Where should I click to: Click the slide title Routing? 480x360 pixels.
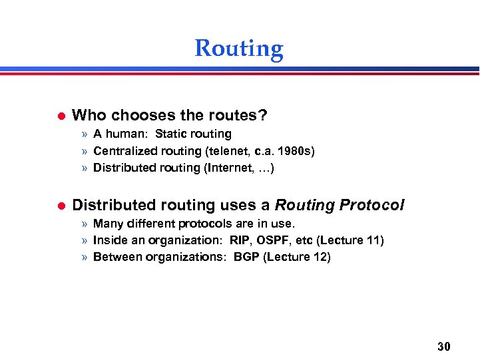tap(239, 49)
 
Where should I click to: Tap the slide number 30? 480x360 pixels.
tap(444, 346)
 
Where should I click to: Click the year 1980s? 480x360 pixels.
tap(296, 151)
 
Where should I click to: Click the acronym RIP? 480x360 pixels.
tap(237, 240)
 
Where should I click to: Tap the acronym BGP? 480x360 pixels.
tap(246, 257)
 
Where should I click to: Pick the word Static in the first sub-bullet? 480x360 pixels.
tap(172, 134)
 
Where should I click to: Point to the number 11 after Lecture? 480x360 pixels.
tap(371, 240)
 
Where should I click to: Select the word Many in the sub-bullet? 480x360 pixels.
tap(107, 223)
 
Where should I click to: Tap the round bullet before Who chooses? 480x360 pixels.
tap(58, 116)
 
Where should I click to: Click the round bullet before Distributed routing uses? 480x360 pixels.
tap(58, 206)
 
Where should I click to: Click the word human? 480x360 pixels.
tap(127, 134)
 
